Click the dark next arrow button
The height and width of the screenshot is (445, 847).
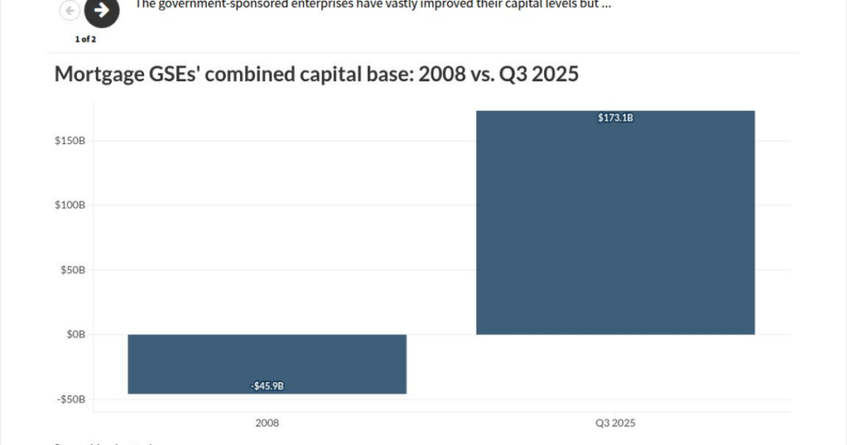(102, 11)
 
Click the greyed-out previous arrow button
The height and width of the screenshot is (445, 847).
(70, 11)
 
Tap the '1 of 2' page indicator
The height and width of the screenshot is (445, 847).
(85, 39)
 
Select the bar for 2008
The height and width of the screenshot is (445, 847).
(267, 364)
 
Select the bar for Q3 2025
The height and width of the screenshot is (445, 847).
(615, 223)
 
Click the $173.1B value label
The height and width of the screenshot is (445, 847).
(615, 118)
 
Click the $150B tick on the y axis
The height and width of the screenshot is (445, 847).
(69, 141)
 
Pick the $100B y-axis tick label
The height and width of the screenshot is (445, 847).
(69, 205)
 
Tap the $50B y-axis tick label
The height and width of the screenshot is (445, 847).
(72, 270)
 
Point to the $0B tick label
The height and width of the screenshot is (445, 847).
(75, 334)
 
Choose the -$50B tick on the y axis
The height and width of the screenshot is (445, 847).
(71, 399)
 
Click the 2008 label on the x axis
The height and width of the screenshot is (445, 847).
(267, 423)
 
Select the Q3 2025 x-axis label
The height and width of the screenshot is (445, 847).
(615, 423)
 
